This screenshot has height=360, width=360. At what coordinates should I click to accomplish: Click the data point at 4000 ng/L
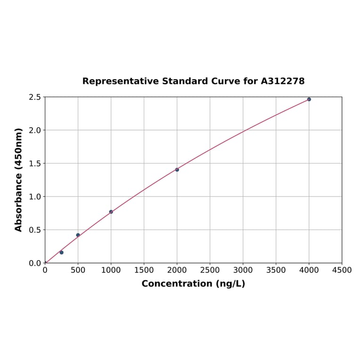[x=309, y=99]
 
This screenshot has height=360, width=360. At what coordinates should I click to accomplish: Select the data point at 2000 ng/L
[x=177, y=170]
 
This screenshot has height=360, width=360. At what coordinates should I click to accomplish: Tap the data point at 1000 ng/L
[x=111, y=212]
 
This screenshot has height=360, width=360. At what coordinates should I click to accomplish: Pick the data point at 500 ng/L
[x=78, y=235]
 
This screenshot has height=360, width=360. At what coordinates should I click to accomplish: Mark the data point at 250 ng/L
[x=62, y=253]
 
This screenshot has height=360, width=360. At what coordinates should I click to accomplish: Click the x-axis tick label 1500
[x=144, y=270]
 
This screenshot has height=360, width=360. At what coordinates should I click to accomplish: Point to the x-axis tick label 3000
[x=243, y=270]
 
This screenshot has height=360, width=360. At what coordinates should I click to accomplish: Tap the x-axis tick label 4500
[x=342, y=270]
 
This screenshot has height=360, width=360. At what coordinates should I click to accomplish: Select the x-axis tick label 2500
[x=210, y=270]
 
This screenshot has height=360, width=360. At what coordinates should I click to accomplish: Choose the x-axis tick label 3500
[x=276, y=270]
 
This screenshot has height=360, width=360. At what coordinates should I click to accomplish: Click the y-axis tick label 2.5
[x=35, y=97]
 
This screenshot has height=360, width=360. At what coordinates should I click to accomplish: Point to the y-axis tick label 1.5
[x=35, y=164]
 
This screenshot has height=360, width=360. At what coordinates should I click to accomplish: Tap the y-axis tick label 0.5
[x=35, y=230]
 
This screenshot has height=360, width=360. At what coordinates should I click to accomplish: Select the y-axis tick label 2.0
[x=35, y=130]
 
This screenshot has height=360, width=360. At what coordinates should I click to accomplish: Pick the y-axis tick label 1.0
[x=35, y=196]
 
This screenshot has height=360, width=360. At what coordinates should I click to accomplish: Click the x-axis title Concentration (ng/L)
[x=193, y=284]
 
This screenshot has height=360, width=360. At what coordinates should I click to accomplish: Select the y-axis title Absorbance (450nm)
[x=19, y=180]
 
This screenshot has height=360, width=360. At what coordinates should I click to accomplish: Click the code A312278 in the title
[x=283, y=81]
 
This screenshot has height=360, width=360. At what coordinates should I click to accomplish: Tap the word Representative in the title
[x=120, y=81]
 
